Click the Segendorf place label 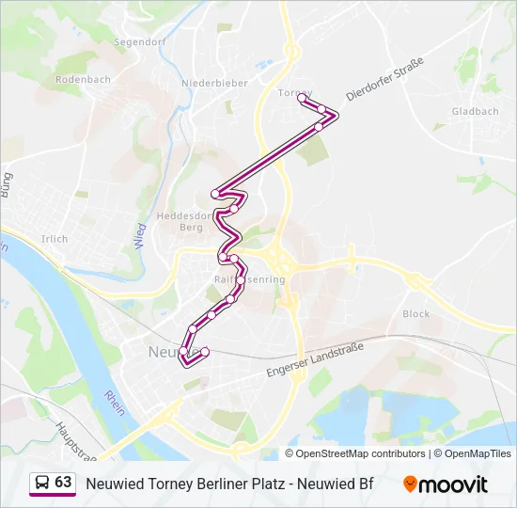(139, 42)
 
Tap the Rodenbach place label (83, 79)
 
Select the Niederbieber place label (215, 83)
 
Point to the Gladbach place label (475, 111)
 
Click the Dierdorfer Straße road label (385, 79)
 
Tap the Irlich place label (55, 239)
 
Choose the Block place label (415, 314)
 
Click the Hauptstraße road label (75, 438)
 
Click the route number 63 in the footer (63, 483)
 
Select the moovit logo (446, 484)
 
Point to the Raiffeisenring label (249, 280)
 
